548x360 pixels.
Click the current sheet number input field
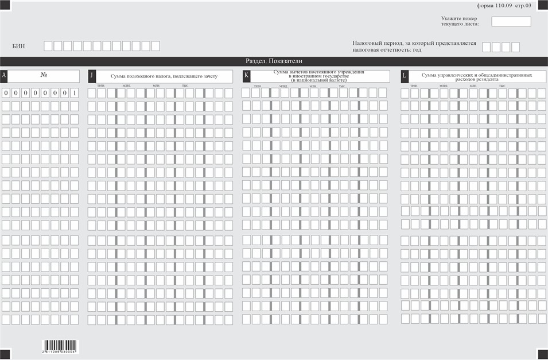pos(511,21)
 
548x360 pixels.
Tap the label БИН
pos(18,46)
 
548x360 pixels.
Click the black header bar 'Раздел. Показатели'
pos(274,61)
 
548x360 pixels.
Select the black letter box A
pos(5,76)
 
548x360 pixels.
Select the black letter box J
pos(91,76)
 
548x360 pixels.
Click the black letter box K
pos(246,76)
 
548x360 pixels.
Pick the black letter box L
pos(404,76)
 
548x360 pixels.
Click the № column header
pos(44,76)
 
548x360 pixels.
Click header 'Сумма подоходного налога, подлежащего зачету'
pos(164,76)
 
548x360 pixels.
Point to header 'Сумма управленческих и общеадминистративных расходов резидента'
pos(476,76)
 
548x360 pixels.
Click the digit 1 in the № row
pos(74,92)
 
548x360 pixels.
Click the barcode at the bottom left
pos(60,346)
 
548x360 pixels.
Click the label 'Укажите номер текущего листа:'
pos(460,21)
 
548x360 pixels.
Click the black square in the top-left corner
pos(5,5)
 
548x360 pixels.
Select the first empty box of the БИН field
pos(48,46)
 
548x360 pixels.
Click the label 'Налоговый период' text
pos(414,47)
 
